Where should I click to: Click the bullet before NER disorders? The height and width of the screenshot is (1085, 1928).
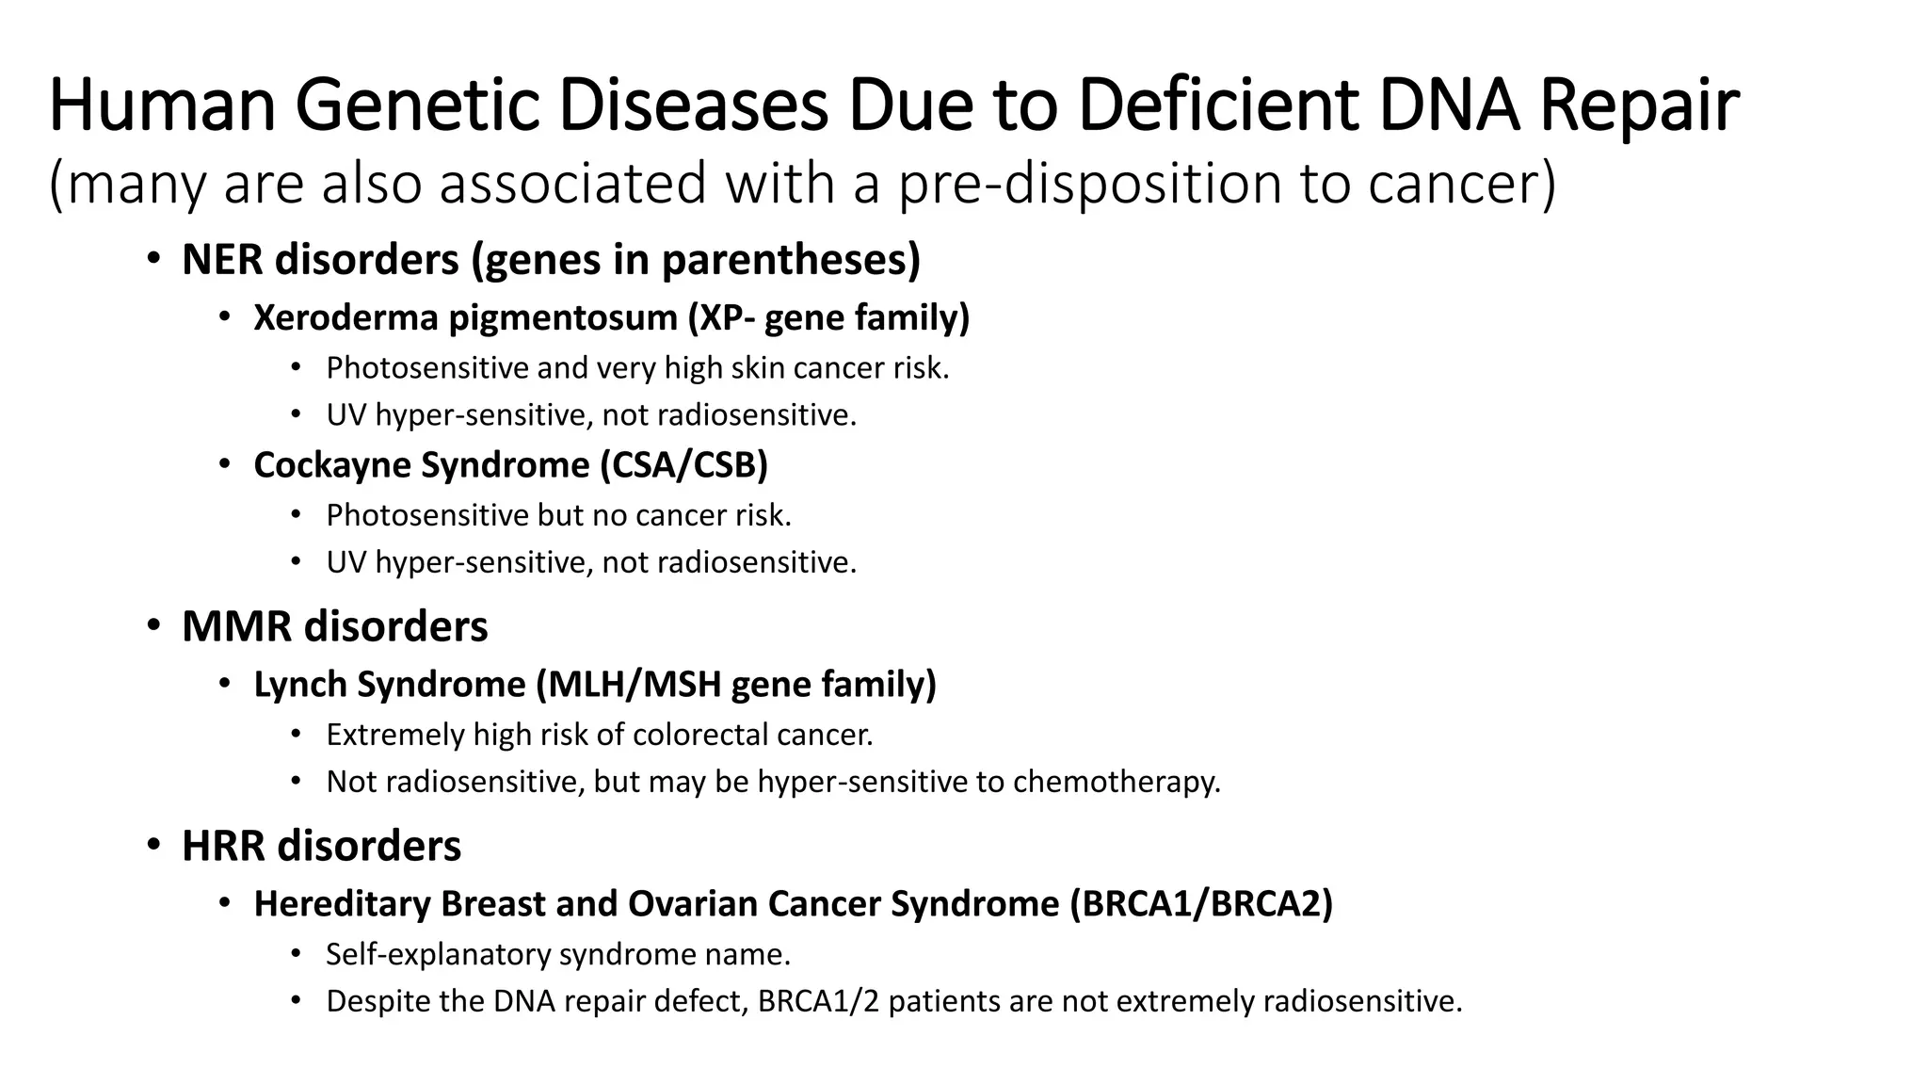153,259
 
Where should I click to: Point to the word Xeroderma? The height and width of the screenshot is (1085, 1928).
345,318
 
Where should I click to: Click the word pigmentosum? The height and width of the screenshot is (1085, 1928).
563,318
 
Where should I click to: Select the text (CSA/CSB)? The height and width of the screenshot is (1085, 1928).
684,465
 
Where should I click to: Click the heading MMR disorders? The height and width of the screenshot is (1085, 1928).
334,626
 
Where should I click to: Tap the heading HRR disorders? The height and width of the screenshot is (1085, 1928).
321,846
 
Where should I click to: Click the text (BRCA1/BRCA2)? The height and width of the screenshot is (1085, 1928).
1201,904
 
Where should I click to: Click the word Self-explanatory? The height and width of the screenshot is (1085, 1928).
439,954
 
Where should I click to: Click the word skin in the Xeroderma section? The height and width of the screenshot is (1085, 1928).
758,367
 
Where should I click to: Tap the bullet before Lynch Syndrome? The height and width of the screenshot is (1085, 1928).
224,685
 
